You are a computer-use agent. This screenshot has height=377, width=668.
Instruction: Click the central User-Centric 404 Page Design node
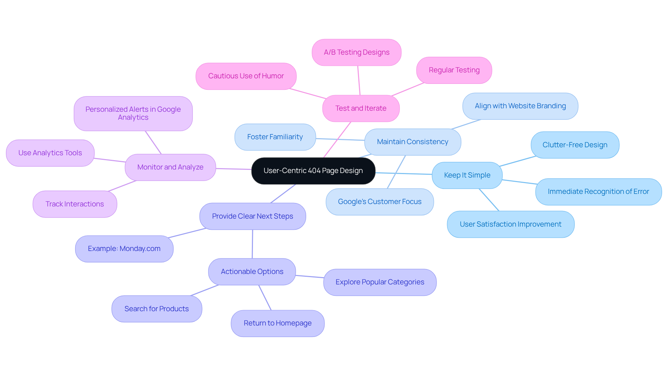313,171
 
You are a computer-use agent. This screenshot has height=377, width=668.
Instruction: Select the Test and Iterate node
361,109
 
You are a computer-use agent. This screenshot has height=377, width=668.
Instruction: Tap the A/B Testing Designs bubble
357,53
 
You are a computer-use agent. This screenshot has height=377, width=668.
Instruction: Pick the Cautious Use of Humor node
246,76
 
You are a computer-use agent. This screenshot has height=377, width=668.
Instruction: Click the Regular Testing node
454,70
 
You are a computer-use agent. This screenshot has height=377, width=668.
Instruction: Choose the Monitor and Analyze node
170,167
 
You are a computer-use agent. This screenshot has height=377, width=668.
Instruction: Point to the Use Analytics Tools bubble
50,153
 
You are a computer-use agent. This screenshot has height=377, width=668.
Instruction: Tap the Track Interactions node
75,204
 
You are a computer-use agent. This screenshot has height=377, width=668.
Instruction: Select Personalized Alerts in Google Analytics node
133,114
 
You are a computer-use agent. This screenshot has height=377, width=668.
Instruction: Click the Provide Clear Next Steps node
253,217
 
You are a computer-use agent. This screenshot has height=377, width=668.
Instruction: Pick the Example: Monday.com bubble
124,249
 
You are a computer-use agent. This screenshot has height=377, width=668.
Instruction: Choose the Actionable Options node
252,272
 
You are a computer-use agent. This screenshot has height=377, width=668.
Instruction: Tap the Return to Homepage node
278,323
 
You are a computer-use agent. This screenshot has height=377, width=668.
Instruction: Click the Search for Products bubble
157,309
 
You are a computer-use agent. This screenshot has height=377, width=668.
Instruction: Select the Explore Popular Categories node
380,282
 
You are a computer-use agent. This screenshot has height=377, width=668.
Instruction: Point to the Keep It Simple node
467,175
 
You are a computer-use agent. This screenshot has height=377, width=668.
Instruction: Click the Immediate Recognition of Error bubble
598,192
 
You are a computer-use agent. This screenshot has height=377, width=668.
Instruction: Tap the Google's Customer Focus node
380,202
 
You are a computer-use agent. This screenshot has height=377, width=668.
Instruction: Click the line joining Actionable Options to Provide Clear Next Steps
252,244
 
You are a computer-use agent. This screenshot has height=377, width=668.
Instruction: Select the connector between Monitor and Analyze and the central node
233,169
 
